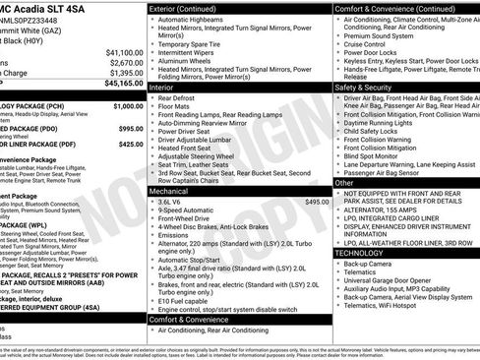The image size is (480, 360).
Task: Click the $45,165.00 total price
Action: [121, 85]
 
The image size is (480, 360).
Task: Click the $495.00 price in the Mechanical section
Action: [317, 202]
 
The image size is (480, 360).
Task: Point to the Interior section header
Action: [161, 88]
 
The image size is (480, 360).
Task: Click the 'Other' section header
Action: [345, 183]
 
